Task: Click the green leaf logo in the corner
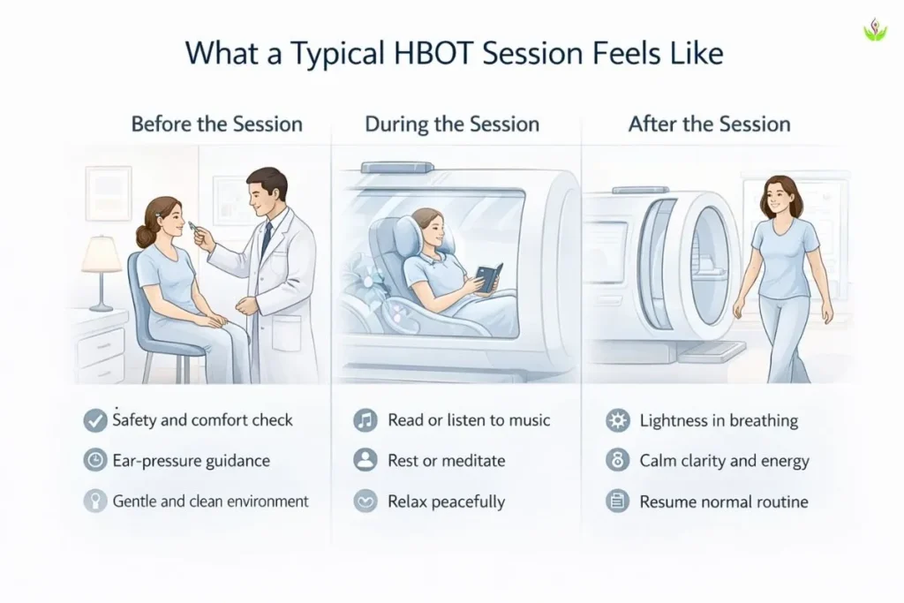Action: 874,32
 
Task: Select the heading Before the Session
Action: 216,124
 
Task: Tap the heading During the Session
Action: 452,124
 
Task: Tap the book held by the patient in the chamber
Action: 486,282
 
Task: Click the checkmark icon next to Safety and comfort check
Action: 95,420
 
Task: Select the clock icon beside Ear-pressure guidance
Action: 95,461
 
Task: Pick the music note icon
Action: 365,420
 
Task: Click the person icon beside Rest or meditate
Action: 365,461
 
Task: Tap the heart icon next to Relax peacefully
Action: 365,501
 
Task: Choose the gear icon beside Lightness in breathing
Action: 618,420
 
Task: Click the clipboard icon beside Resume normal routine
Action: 618,501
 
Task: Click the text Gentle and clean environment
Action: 211,501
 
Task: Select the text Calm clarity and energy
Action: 724,461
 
